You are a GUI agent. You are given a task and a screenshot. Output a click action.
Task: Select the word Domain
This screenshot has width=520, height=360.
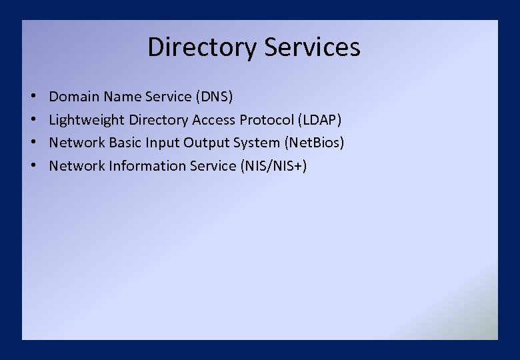click(x=74, y=97)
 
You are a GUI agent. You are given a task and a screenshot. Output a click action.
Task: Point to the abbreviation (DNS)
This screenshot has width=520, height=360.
click(x=214, y=97)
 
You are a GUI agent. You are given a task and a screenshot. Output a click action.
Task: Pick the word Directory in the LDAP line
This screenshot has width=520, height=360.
click(x=159, y=120)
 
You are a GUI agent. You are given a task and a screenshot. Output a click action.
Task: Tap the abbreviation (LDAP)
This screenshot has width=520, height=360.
click(x=319, y=120)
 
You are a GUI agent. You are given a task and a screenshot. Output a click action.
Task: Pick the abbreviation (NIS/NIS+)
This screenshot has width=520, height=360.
click(x=273, y=165)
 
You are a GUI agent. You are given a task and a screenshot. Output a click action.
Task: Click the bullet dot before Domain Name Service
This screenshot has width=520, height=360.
click(x=33, y=97)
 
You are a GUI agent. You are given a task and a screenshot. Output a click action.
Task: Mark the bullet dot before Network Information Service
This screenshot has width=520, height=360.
click(x=33, y=165)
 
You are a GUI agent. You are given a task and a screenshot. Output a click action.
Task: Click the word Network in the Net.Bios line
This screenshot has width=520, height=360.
click(x=73, y=143)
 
